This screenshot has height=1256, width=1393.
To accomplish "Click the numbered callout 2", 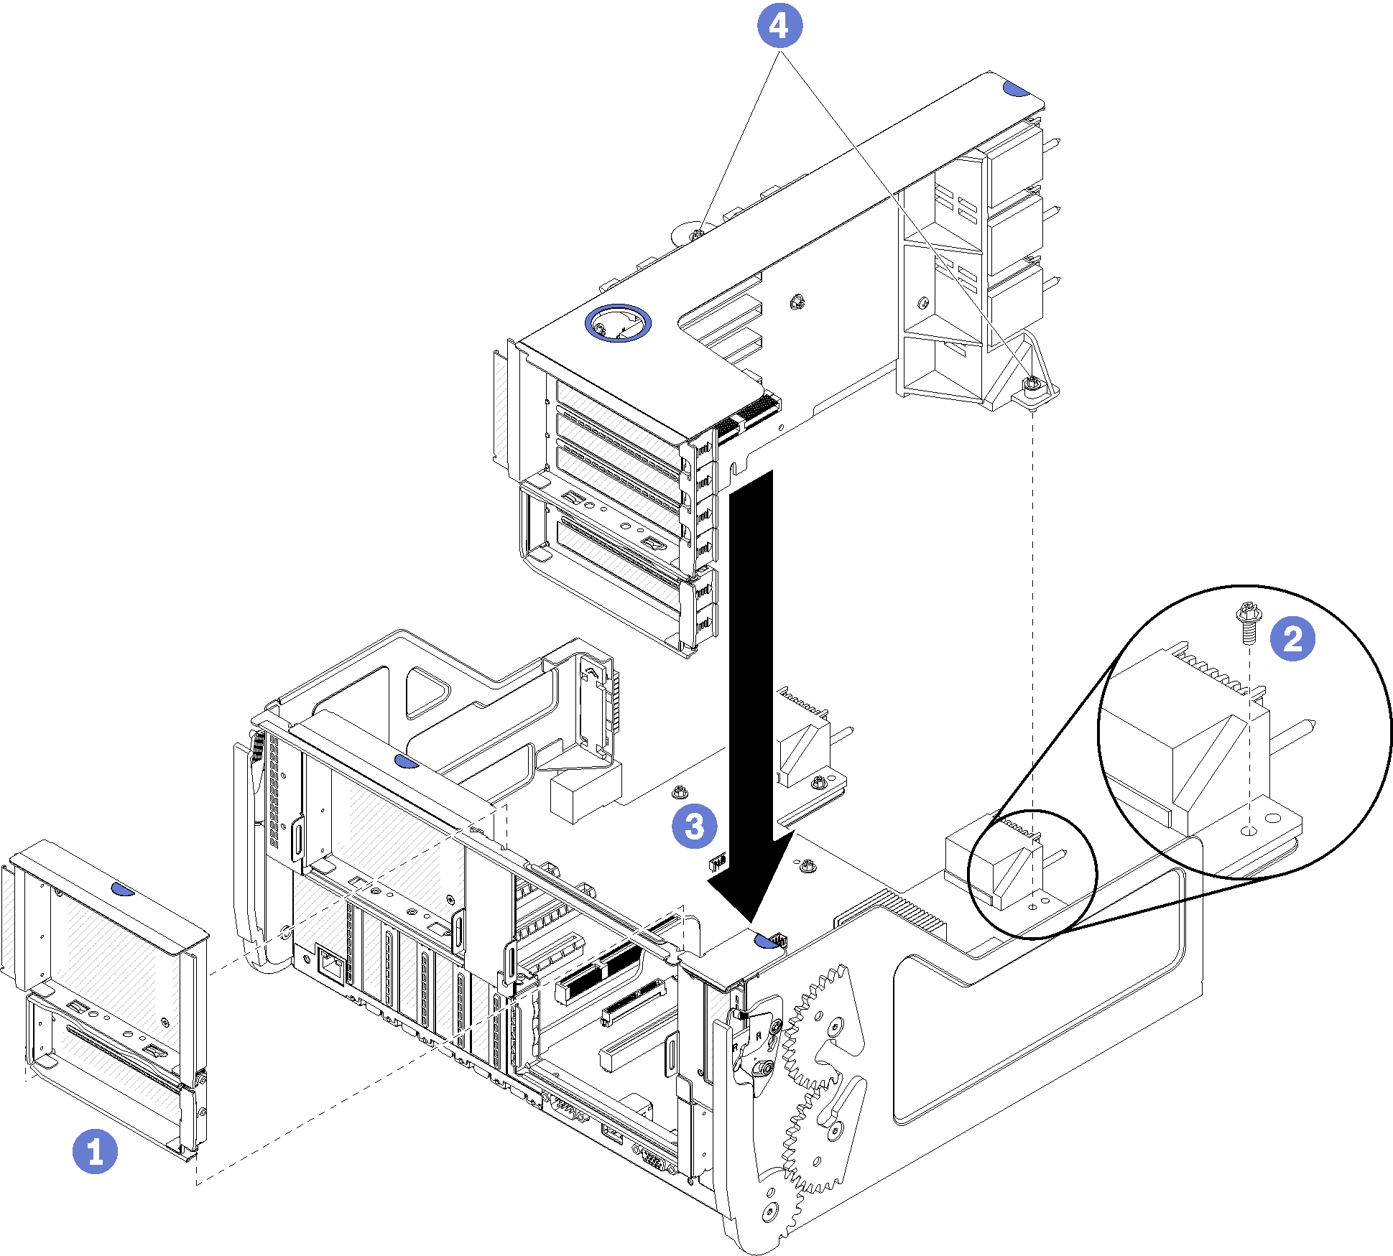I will click(x=1292, y=638).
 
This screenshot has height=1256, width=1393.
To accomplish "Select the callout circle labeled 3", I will click(x=694, y=826).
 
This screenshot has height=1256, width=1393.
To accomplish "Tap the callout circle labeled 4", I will click(x=779, y=26).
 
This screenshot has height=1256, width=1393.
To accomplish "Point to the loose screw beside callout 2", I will click(x=1247, y=621).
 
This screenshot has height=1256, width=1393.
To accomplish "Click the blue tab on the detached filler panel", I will click(x=123, y=890).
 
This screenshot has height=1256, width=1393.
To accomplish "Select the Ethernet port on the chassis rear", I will click(x=330, y=963).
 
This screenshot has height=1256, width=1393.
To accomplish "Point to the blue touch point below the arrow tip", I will click(x=767, y=940).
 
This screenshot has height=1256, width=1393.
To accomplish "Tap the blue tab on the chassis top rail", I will click(x=407, y=760).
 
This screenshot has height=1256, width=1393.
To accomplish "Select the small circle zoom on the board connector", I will click(x=1032, y=874).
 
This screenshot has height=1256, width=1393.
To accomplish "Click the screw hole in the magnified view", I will click(x=1249, y=831).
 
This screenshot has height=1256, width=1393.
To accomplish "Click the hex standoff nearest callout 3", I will click(x=679, y=792).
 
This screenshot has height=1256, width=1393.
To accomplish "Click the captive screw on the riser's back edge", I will click(x=696, y=234).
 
